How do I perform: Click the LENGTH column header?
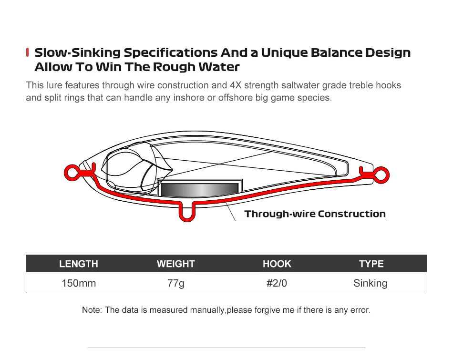[79, 264]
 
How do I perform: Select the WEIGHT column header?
[176, 264]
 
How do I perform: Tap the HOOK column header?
[277, 264]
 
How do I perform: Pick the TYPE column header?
[371, 264]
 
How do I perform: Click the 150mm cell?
[79, 283]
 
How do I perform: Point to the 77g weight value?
[176, 283]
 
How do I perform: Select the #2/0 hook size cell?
[277, 283]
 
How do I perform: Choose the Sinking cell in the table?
[370, 283]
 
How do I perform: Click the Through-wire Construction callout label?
[315, 214]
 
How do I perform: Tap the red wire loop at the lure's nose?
[72, 171]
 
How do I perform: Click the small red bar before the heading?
[28, 52]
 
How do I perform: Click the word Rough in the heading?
[172, 67]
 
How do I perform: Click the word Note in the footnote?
[91, 310]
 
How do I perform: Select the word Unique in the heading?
[283, 52]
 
